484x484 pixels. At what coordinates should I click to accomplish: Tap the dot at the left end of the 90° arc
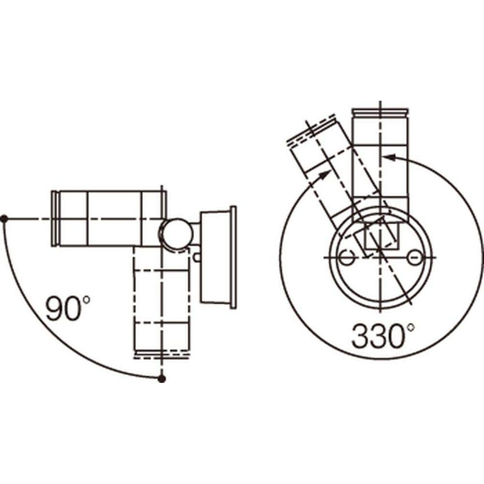[x=4, y=219]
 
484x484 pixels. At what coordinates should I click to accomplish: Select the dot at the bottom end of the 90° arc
[x=162, y=378]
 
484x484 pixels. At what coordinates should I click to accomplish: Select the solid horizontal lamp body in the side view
[x=109, y=218]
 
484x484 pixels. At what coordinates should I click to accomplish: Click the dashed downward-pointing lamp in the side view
[x=162, y=300]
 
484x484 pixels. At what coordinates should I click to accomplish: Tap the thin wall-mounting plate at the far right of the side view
[x=234, y=257]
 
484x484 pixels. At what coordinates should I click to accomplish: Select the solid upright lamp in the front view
[x=380, y=160]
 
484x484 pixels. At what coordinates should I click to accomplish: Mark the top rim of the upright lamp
[x=380, y=112]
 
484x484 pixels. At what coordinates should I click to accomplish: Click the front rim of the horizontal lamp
[x=55, y=218]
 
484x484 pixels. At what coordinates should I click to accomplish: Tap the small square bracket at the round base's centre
[x=380, y=236]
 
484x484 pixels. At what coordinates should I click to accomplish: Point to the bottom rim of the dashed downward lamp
[x=162, y=354]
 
